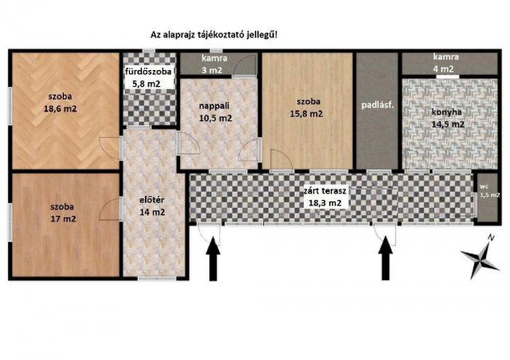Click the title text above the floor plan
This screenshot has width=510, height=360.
214,35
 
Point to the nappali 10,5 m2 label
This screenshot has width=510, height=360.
214,111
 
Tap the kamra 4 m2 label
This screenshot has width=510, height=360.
444,64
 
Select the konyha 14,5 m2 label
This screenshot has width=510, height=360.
443,118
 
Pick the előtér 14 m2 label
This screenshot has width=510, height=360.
151,205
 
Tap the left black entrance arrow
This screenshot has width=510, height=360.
214,262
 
